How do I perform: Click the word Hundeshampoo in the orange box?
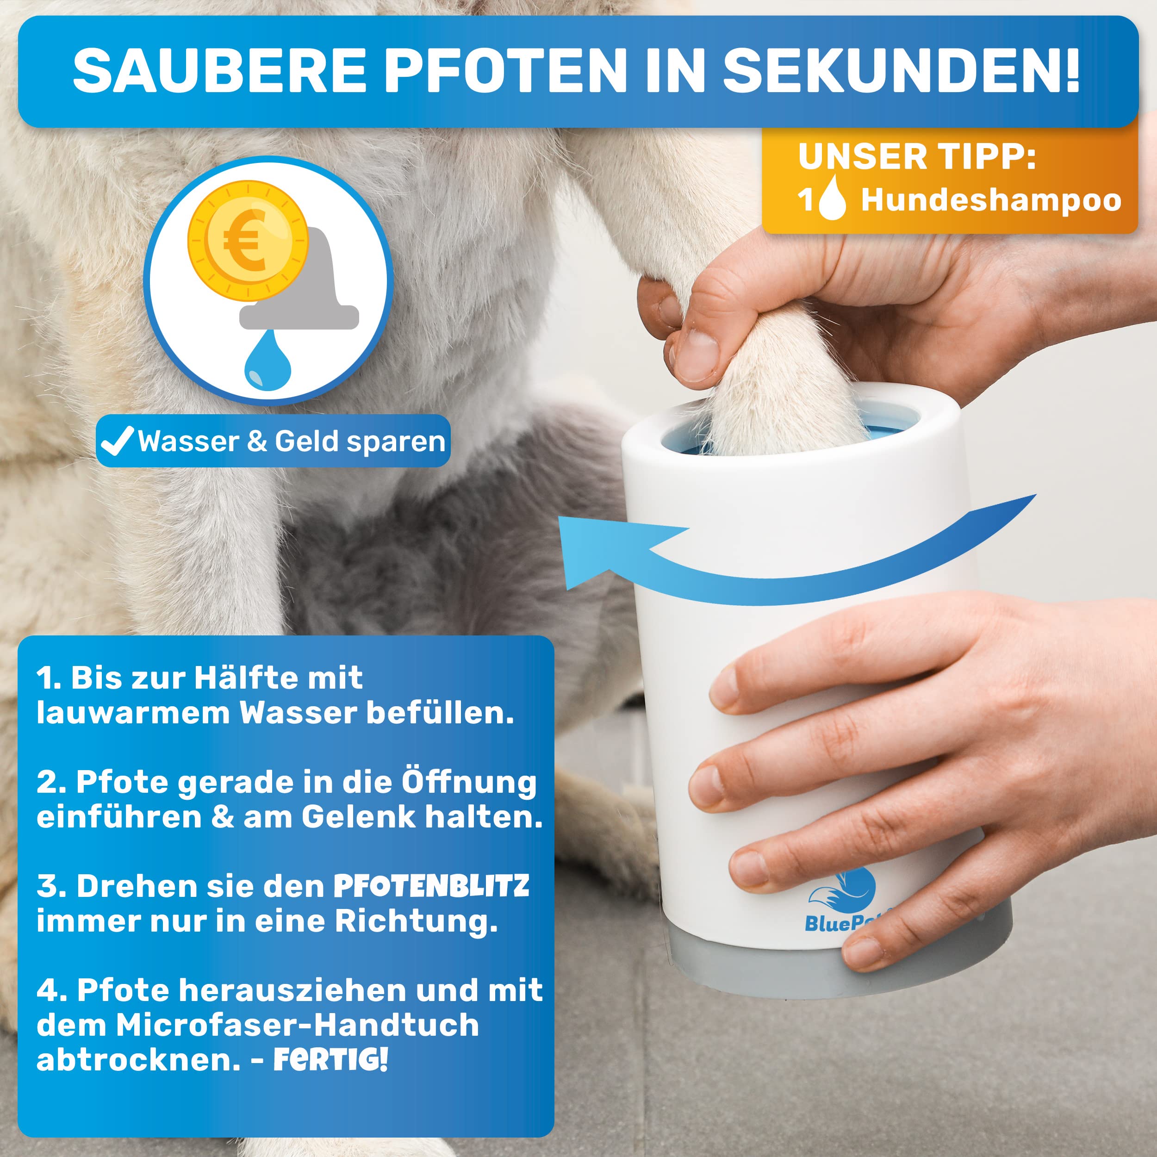pyautogui.click(x=991, y=200)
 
